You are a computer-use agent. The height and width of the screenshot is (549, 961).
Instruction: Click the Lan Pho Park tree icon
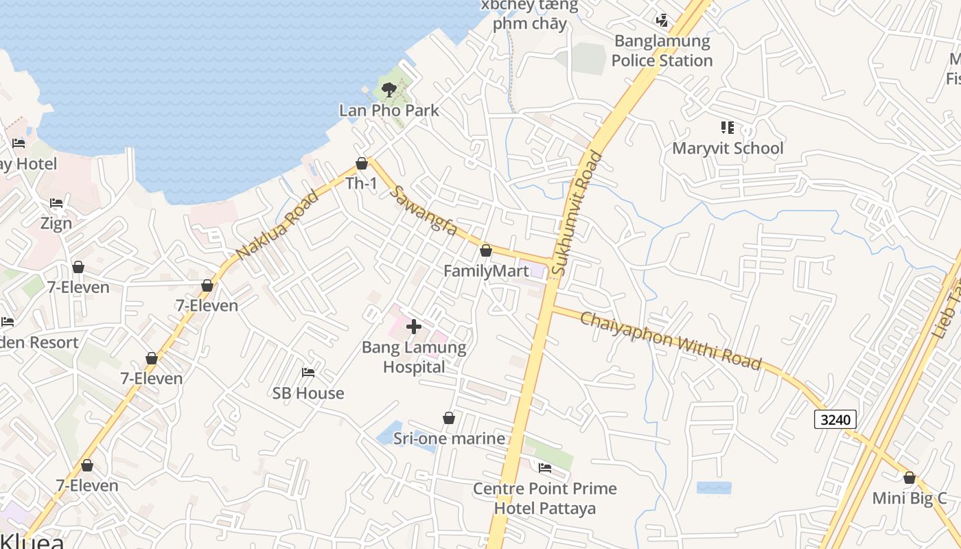click(x=389, y=89)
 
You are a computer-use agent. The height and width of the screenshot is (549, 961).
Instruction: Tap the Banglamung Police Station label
click(x=662, y=51)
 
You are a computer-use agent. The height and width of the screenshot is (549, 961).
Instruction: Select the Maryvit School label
click(x=728, y=148)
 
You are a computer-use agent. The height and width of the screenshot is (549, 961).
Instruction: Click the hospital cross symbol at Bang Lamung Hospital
click(x=414, y=327)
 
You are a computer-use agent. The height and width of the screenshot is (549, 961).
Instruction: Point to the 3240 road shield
click(x=835, y=419)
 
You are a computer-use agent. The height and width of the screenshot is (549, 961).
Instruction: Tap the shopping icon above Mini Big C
click(x=910, y=478)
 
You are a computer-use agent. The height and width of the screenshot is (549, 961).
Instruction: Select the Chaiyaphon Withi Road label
click(x=671, y=340)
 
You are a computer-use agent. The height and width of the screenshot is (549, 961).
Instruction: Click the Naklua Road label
click(x=277, y=225)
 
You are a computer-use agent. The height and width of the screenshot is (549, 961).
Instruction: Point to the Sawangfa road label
click(x=423, y=210)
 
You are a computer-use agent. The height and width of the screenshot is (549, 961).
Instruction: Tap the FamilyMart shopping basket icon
click(x=486, y=250)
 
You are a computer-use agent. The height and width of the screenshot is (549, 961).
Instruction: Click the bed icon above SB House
click(x=308, y=373)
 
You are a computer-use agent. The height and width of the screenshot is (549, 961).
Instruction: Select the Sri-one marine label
click(x=449, y=439)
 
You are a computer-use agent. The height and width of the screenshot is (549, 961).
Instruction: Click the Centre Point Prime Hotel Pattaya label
click(x=545, y=498)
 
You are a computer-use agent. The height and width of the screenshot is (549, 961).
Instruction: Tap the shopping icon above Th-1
click(x=362, y=163)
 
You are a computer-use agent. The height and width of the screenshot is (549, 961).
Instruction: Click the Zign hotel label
click(x=56, y=224)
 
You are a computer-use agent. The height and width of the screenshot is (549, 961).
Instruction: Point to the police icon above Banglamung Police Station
click(x=662, y=20)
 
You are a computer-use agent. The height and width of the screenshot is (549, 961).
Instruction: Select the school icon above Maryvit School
click(x=728, y=128)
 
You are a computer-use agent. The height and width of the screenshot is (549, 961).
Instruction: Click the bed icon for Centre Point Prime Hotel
click(x=545, y=468)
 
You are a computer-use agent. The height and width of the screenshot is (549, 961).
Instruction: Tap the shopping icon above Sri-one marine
click(x=449, y=418)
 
